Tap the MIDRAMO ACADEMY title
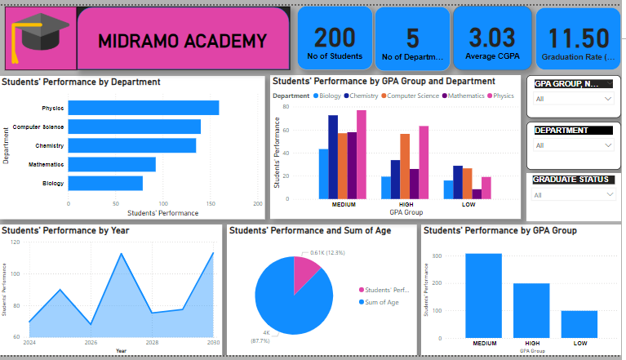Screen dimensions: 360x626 coord(182,41)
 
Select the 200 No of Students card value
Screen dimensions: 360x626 coord(335,38)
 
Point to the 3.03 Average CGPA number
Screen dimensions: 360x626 coord(491,38)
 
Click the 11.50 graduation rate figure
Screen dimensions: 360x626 coord(578,38)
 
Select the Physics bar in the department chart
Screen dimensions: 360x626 coord(143,108)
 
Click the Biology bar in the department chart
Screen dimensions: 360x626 coord(105,184)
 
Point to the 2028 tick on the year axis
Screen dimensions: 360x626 coord(153,343)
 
